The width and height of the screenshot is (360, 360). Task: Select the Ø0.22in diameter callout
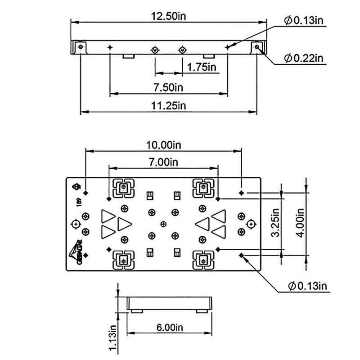[x=304, y=58]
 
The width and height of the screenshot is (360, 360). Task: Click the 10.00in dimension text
[x=164, y=145]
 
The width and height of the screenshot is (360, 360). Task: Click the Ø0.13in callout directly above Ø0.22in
[x=304, y=20]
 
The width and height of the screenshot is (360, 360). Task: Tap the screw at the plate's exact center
[x=163, y=224]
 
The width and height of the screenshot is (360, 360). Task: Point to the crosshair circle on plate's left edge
[x=76, y=224]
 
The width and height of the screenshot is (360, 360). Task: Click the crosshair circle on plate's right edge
[x=251, y=224]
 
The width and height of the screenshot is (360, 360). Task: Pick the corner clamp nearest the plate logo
[x=122, y=260]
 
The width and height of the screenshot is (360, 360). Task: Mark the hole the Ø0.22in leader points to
[x=257, y=46]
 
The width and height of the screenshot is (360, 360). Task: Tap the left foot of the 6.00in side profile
[x=137, y=310]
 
